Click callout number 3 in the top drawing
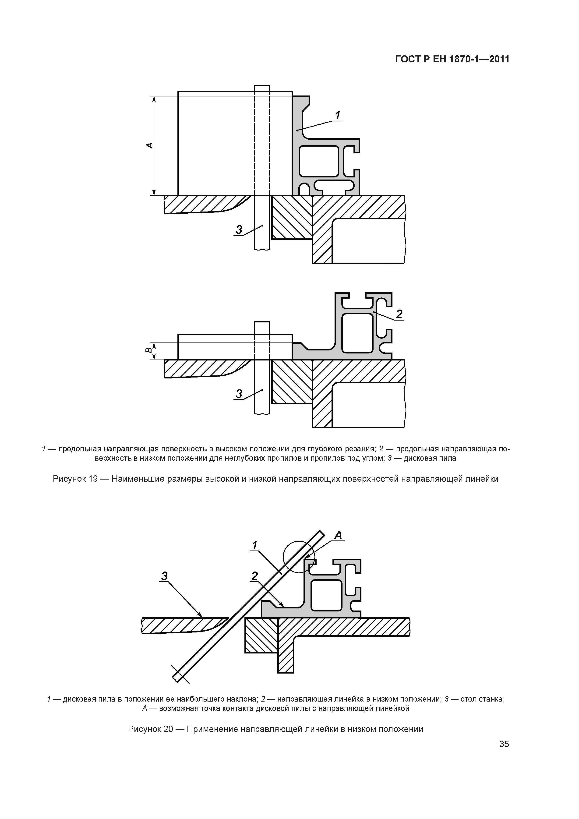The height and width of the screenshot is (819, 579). pos(239,230)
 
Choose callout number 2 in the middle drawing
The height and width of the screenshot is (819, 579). pos(399,314)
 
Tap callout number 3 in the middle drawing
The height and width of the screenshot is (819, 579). pos(239,394)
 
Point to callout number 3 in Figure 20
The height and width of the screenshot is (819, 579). pos(164,576)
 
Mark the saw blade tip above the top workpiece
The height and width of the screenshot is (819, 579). pos(262,88)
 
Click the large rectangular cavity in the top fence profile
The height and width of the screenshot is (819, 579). pos(319,161)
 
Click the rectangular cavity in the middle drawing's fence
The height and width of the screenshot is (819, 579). pos(357,333)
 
